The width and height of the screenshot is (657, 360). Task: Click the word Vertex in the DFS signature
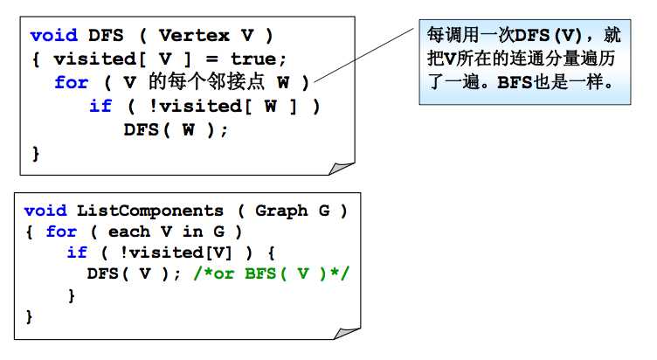pos(194,36)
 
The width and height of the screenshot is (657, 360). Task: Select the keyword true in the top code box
pos(253,59)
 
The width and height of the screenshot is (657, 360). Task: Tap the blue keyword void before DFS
pos(53,35)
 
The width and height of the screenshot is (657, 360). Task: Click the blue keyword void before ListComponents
pos(45,211)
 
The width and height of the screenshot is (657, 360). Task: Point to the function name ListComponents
pos(150,211)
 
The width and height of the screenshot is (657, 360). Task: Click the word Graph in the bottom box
pos(281,211)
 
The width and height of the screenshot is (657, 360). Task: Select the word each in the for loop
pos(129,232)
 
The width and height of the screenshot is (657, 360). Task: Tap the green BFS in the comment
pos(260,273)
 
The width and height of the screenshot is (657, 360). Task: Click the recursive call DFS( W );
pos(176,130)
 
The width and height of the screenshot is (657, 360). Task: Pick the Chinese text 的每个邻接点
pos(206,82)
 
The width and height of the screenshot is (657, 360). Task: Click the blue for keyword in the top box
pos(72,82)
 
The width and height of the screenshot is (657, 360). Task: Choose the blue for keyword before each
pos(61,232)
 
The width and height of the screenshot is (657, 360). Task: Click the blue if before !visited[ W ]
pos(100,106)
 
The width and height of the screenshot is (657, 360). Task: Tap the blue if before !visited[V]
pos(77,253)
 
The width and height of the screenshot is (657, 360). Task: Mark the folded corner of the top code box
pos(341,168)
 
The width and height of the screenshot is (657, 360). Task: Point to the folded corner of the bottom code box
pos(347,333)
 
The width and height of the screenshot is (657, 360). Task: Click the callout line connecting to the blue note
pos(363,55)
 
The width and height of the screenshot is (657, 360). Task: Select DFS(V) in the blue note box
pos(548,35)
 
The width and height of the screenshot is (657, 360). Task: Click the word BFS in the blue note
pos(515,82)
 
